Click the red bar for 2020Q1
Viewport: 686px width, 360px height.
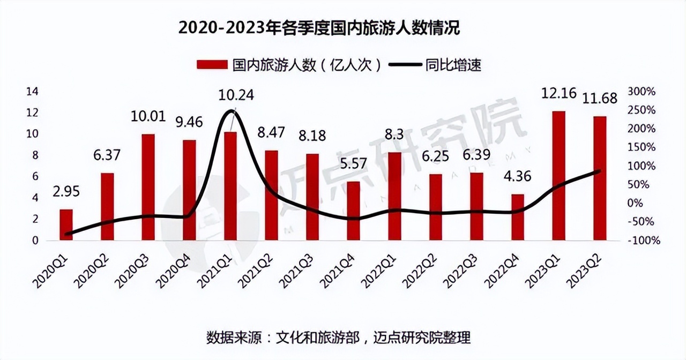(x=66, y=224)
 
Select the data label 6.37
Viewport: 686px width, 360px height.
(x=107, y=156)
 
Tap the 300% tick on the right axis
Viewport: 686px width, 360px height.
(x=642, y=92)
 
